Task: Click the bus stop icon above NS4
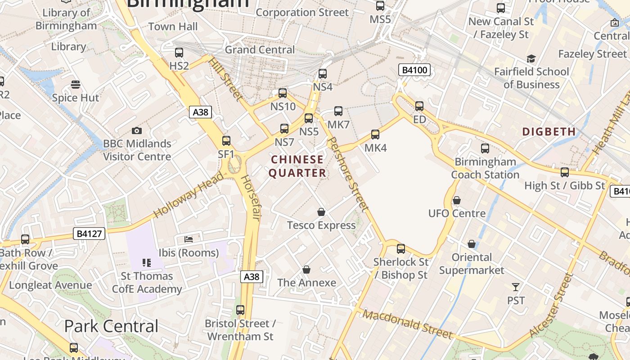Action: click(323, 74)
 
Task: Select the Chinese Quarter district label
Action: click(297, 166)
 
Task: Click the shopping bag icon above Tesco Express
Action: click(321, 211)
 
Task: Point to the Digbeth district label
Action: click(549, 132)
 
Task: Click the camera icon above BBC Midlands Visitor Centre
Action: click(137, 131)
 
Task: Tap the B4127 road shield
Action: click(89, 234)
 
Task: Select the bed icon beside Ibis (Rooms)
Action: click(189, 239)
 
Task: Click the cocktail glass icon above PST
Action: click(516, 287)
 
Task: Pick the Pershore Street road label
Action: click(348, 175)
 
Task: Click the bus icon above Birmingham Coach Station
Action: click(485, 148)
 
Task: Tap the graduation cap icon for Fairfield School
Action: click(531, 59)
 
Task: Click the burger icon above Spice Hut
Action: click(76, 85)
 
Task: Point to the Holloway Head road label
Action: click(188, 195)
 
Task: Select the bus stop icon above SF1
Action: click(226, 141)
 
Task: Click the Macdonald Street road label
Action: click(408, 324)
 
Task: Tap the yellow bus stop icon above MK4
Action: click(375, 134)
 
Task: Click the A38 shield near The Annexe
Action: click(251, 276)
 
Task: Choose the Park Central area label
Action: click(111, 326)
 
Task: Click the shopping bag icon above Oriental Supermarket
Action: click(472, 244)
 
